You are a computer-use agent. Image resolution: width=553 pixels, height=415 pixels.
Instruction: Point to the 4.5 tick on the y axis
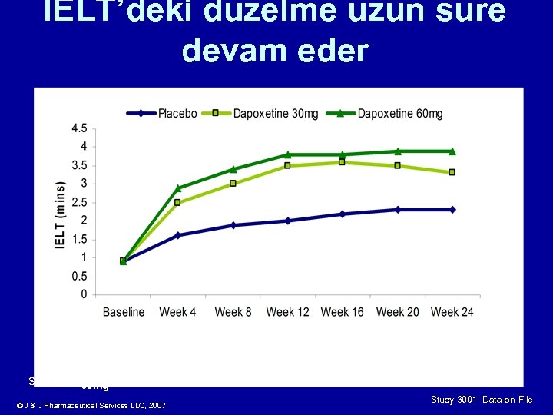79,128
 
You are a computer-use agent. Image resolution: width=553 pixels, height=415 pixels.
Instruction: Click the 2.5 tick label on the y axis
79,202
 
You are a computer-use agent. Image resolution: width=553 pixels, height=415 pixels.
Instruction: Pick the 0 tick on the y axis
83,295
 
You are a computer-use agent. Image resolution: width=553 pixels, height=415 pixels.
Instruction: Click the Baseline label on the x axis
124,312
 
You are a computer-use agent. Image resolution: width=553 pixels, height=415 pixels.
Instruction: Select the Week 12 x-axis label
287,312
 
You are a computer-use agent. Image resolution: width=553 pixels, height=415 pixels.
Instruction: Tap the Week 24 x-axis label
452,312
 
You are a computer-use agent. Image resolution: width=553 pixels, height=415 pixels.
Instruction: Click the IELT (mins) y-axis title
60,214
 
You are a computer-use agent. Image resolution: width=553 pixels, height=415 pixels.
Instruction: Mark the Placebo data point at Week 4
178,235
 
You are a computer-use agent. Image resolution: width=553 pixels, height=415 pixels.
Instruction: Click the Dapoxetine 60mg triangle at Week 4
178,188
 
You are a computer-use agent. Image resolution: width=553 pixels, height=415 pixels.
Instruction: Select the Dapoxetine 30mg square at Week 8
233,184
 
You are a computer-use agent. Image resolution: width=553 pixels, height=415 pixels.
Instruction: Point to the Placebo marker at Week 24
452,210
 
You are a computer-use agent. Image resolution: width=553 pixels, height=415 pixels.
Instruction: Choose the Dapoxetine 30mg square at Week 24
452,172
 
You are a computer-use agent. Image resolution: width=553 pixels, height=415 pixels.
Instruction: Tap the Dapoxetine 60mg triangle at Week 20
398,151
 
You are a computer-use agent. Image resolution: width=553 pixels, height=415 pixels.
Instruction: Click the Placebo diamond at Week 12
288,221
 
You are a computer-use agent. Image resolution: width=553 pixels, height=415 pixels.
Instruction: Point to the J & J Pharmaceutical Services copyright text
91,405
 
